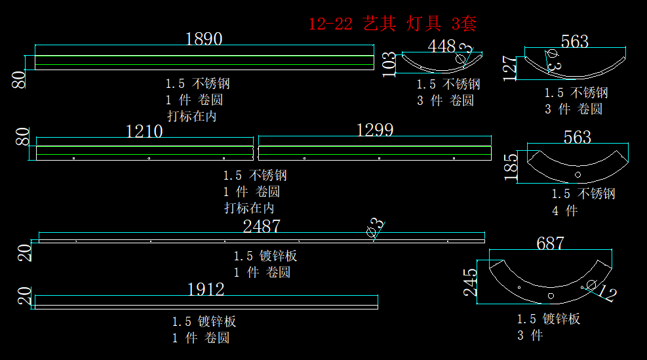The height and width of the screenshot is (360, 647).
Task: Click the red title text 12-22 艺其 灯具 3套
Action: point(392,24)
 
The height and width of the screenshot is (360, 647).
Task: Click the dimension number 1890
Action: point(204,39)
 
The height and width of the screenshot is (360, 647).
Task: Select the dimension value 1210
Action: point(144,131)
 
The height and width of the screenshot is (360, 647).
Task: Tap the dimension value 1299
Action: point(375,130)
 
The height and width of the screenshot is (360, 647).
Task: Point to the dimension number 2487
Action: point(262,226)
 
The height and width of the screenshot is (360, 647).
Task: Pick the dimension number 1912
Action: point(206,289)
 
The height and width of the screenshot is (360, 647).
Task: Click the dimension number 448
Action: point(441,46)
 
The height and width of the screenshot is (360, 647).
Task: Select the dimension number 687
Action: point(550,243)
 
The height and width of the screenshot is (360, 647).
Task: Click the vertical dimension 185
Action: point(512,167)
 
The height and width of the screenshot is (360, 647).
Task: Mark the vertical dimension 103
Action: point(389,65)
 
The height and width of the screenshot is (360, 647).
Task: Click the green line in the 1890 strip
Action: point(204,66)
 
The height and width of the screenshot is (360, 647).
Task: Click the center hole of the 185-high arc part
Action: point(578,175)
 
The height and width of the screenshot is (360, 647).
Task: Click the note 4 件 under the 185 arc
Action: point(564,210)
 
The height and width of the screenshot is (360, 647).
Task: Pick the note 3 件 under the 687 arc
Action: point(530,336)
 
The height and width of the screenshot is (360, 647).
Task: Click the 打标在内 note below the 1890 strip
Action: point(191,116)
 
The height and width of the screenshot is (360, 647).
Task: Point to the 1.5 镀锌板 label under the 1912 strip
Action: point(204,321)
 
